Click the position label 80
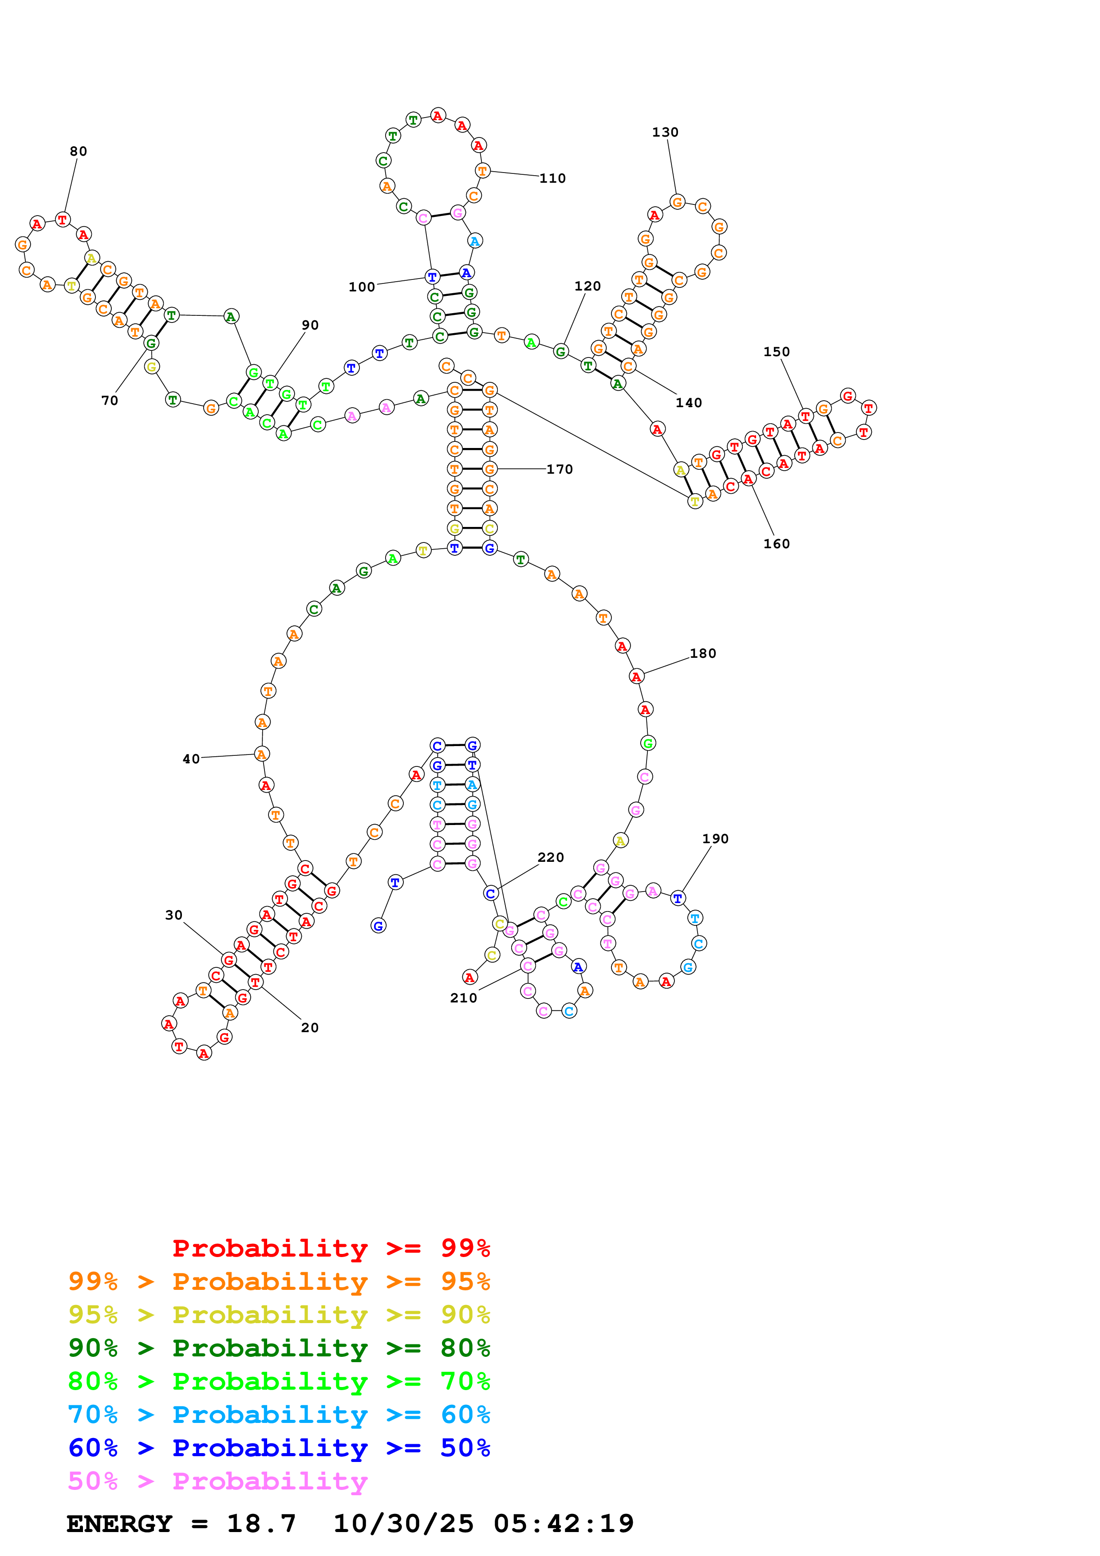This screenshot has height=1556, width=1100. coord(79,151)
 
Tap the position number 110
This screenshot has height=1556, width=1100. coord(552,178)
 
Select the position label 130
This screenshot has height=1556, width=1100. coord(665,132)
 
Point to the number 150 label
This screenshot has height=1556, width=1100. coord(776,352)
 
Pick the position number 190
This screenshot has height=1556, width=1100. coord(715,838)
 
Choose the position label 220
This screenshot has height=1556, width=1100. coord(550,857)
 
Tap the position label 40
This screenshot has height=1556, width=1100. coord(191,759)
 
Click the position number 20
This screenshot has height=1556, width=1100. coord(310,1027)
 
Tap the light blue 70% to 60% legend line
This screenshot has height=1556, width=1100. coord(279,1415)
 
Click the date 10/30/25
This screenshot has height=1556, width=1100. coord(403,1524)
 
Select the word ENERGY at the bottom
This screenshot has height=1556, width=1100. coord(119,1524)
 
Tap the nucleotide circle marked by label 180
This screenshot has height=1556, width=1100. coord(636,676)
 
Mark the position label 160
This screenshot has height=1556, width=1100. coord(776,543)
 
